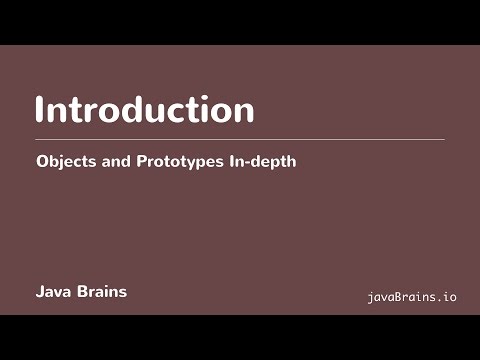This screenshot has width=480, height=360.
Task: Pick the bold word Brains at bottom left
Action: [x=102, y=293]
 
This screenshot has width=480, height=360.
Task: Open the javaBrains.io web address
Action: [x=412, y=297]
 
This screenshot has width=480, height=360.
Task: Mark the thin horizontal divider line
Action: [x=240, y=139]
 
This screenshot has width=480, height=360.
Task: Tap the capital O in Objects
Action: [x=42, y=160]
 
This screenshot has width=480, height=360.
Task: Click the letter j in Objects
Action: [x=63, y=162]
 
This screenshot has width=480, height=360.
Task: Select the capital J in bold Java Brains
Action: [x=40, y=293]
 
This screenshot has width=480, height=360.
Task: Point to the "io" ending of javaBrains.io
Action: [x=450, y=297]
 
